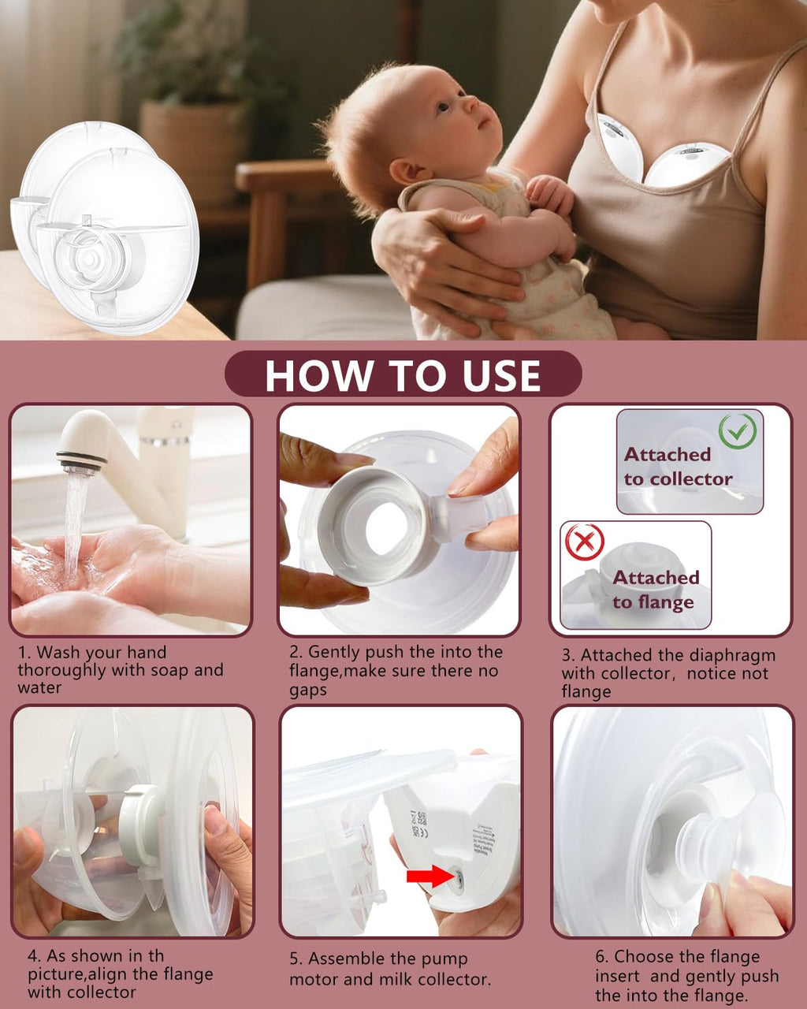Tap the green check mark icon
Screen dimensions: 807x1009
[x=738, y=430]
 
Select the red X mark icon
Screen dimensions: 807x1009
[x=585, y=542]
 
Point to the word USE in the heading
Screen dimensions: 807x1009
[x=502, y=375]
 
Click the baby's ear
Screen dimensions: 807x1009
[x=405, y=171]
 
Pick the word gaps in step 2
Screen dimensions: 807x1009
[x=308, y=691]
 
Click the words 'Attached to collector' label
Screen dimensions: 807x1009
[x=678, y=467]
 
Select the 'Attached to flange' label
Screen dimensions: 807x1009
[x=656, y=590]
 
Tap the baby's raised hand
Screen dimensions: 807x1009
[x=549, y=194]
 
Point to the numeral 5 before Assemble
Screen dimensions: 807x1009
[x=295, y=959]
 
